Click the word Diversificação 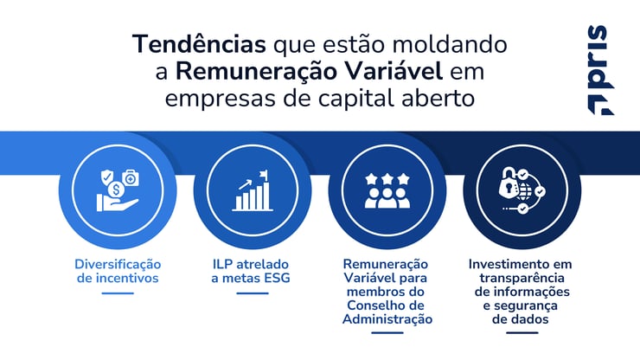[x=118, y=264]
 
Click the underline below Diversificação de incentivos [x=118, y=293]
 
